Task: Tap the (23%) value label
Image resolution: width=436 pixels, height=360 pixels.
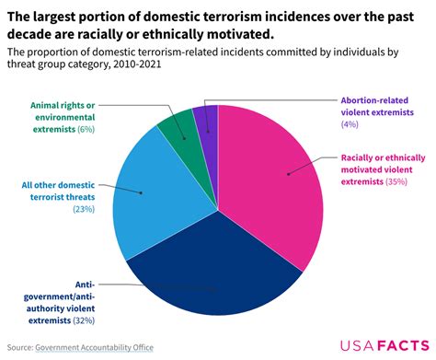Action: coord(85,209)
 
